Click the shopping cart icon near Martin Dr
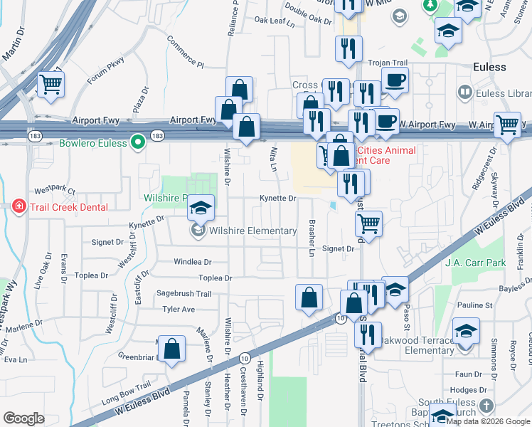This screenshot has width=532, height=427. pyautogui.click(x=51, y=85)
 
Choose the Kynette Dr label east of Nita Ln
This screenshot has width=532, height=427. pyautogui.click(x=277, y=199)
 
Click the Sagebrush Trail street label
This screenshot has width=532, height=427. pyautogui.click(x=184, y=293)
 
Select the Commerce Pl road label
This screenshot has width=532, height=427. pyautogui.click(x=186, y=53)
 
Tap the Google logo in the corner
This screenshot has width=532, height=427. pyautogui.click(x=23, y=418)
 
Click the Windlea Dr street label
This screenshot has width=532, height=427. pyautogui.click(x=193, y=262)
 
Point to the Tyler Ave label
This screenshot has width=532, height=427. pyautogui.click(x=179, y=310)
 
